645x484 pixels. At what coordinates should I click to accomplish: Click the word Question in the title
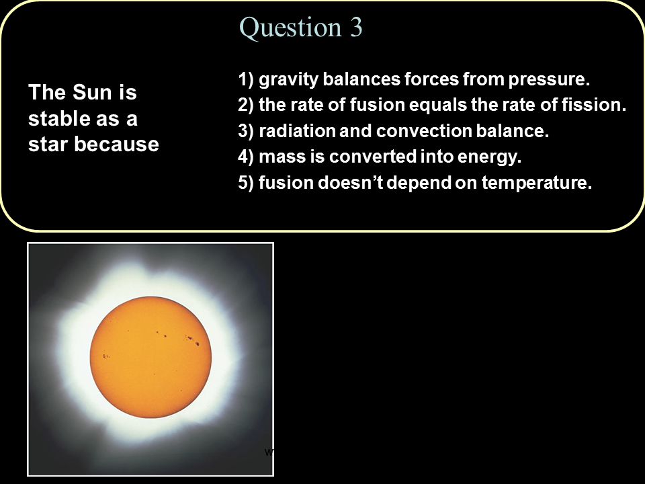pos(290,28)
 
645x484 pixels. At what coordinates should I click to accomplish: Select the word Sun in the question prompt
pos(92,92)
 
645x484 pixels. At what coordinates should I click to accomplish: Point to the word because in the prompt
pos(116,144)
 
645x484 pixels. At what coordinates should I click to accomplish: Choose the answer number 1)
pos(246,79)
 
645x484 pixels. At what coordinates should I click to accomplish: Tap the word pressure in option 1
pos(549,80)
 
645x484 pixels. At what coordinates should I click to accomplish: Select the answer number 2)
pos(246,105)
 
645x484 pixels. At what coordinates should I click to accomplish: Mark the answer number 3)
pos(246,131)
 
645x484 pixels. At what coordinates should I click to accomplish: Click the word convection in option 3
pos(424,131)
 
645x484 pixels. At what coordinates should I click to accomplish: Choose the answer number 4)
pos(246,157)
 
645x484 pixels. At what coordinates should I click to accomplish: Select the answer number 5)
pos(246,183)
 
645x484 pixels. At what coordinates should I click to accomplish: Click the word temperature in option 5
pos(536,183)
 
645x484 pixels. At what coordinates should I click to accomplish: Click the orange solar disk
pos(150,357)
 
